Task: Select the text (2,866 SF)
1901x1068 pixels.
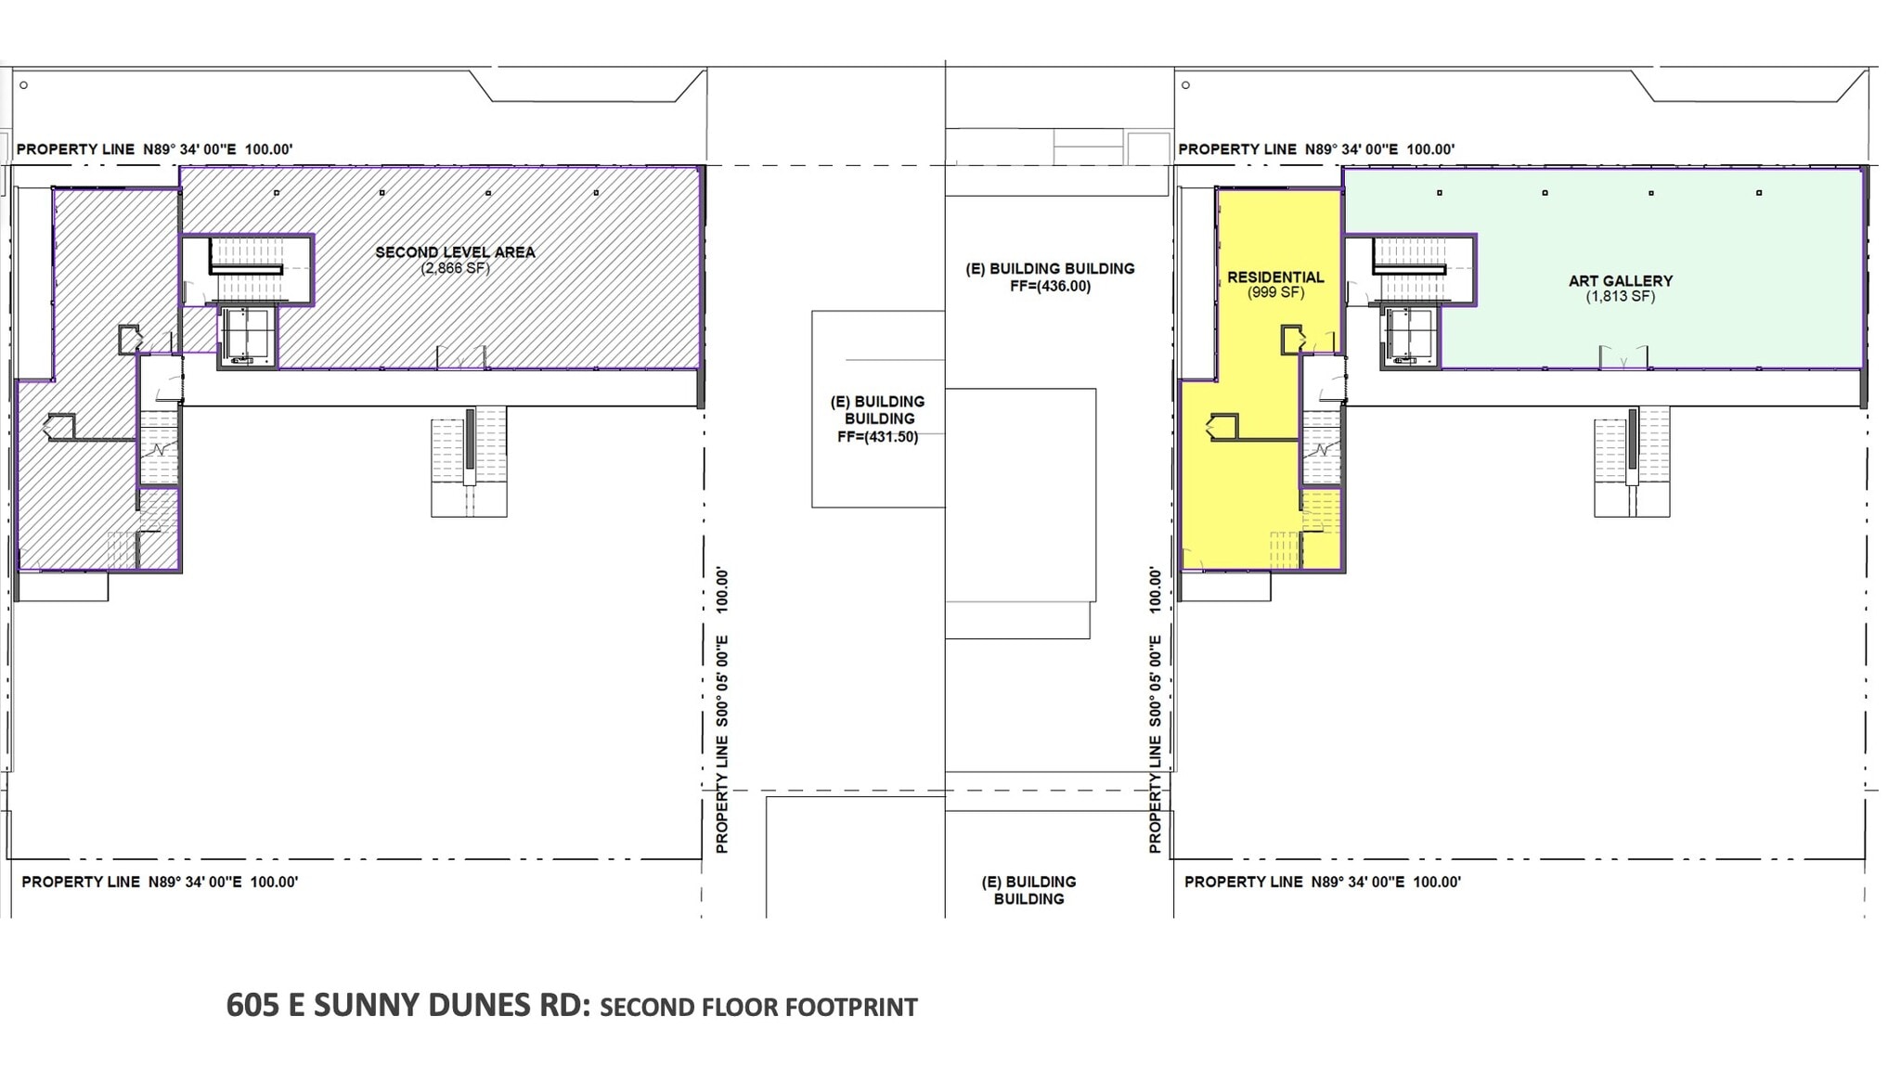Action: click(455, 269)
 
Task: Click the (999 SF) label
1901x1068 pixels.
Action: click(1275, 293)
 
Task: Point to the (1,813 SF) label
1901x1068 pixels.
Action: click(1620, 297)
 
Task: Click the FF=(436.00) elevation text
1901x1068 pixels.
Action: click(1050, 287)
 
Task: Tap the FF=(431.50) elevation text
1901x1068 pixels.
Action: click(877, 437)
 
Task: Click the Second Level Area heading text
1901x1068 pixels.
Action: click(455, 252)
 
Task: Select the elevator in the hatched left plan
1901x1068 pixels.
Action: click(247, 335)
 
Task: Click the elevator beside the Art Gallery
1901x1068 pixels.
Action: click(1409, 335)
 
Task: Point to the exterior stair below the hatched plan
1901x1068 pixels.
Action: click(469, 461)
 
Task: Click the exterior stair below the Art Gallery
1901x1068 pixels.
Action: click(1632, 461)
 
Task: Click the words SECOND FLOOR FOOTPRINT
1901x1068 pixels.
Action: click(758, 1008)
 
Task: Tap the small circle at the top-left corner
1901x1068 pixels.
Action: click(23, 85)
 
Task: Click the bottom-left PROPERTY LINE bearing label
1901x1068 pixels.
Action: click(160, 881)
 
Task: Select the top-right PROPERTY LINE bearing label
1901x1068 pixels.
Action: click(1316, 149)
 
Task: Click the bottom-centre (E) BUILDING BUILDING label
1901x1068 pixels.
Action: click(1028, 890)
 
